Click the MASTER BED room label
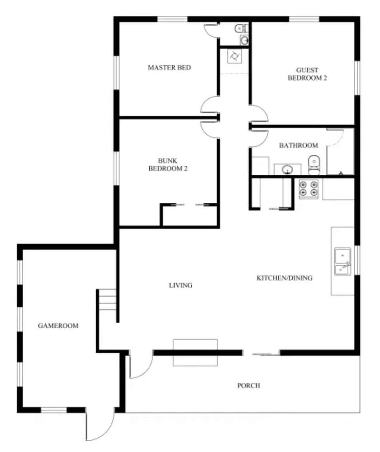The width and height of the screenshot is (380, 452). pyautogui.click(x=169, y=68)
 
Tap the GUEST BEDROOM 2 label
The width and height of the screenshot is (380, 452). pyautogui.click(x=307, y=74)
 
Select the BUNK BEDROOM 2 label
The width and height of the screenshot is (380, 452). pyautogui.click(x=168, y=165)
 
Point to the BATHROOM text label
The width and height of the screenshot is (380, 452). pyautogui.click(x=298, y=145)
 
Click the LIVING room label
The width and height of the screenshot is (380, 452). pyautogui.click(x=180, y=285)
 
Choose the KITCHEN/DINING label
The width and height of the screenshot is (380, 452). pyautogui.click(x=285, y=278)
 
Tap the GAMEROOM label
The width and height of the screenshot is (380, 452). pyautogui.click(x=58, y=326)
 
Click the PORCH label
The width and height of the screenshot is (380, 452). pyautogui.click(x=249, y=385)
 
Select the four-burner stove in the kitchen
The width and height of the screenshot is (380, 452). pyautogui.click(x=309, y=189)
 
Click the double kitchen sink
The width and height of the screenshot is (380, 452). pyautogui.click(x=343, y=261)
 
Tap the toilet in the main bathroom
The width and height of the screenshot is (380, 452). pyautogui.click(x=314, y=165)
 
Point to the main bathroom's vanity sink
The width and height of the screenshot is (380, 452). pyautogui.click(x=287, y=170)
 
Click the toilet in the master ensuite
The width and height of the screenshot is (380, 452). pyautogui.click(x=239, y=29)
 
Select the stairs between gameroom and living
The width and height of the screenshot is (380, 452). pyautogui.click(x=108, y=301)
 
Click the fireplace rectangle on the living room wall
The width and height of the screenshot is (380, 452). pyautogui.click(x=195, y=352)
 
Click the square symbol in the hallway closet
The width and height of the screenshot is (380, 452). pyautogui.click(x=234, y=56)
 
